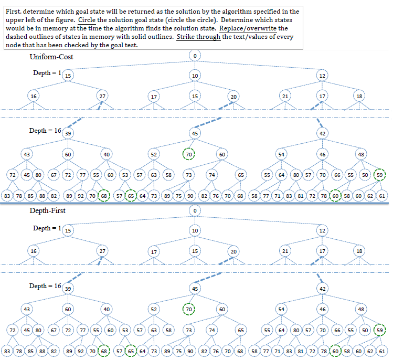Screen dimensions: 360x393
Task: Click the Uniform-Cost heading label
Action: click(51, 57)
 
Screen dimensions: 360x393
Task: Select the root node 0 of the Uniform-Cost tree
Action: click(195, 56)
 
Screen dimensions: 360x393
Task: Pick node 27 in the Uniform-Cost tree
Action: click(103, 97)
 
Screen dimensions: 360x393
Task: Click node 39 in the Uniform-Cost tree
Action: click(68, 134)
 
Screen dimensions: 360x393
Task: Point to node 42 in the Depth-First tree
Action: click(323, 289)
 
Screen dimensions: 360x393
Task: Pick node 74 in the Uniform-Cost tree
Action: click(213, 174)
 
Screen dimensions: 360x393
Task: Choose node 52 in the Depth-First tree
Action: click(153, 309)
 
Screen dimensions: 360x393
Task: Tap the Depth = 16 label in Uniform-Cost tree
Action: click(45, 130)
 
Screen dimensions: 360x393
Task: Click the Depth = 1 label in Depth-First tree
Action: click(46, 228)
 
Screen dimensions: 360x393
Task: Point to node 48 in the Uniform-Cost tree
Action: click(361, 154)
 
